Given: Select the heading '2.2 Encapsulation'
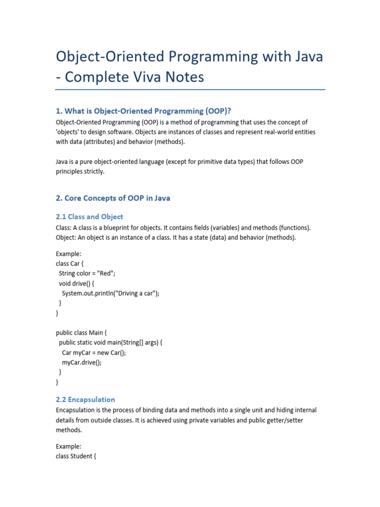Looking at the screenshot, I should (x=86, y=399).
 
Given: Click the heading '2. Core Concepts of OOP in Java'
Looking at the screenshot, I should (x=113, y=198).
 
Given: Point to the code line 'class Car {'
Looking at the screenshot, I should (x=70, y=263).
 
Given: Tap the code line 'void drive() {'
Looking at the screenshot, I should (x=79, y=283).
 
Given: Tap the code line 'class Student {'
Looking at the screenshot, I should (x=76, y=456).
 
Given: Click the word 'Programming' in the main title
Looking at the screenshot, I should (x=207, y=56).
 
